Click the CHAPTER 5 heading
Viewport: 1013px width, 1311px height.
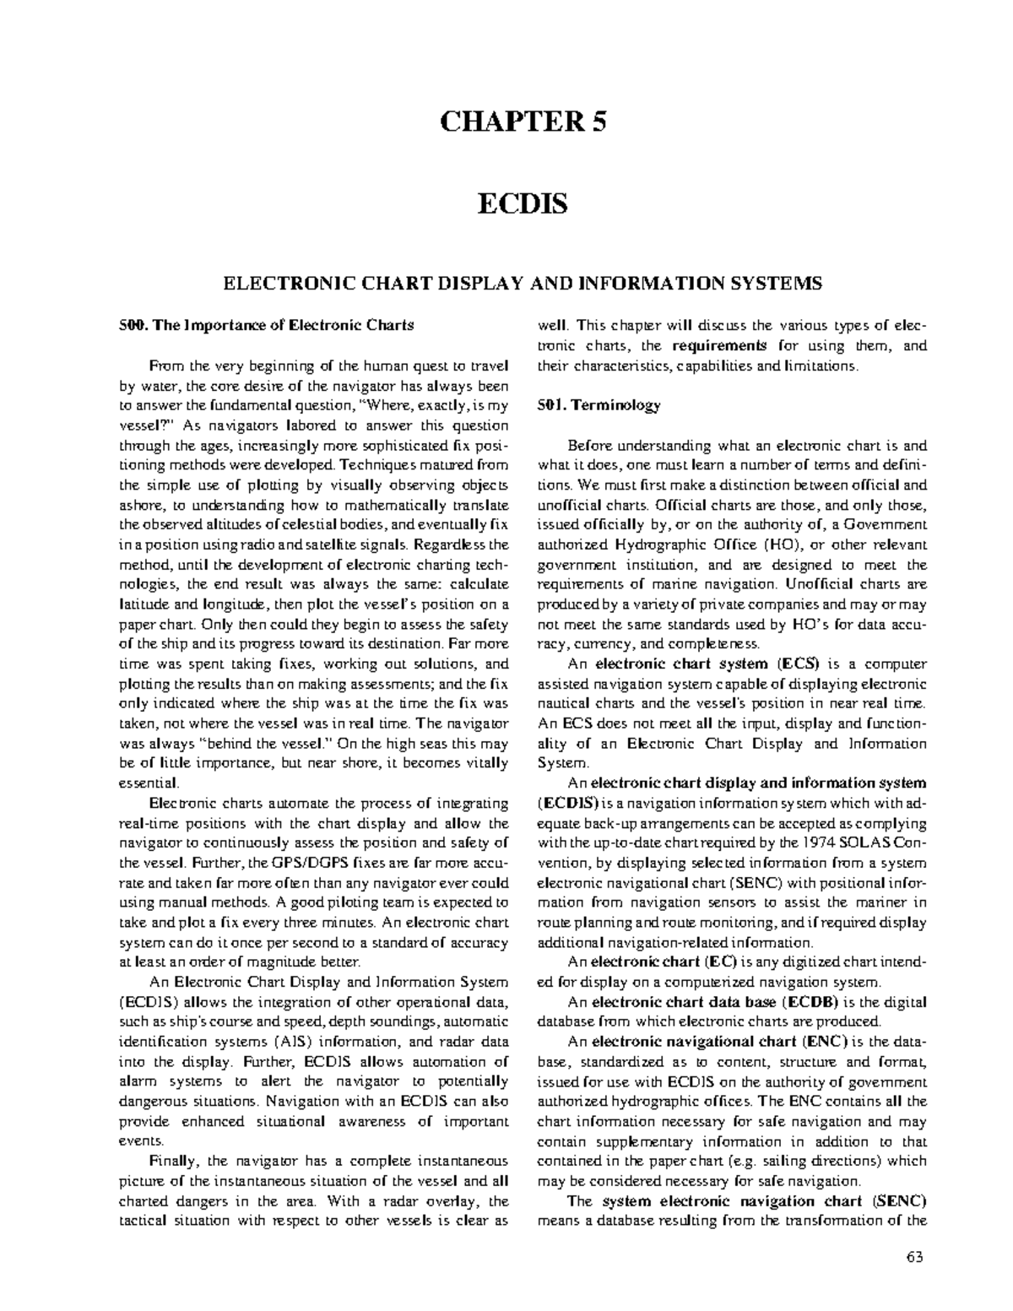[x=523, y=122]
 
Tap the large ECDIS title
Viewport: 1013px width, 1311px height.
[x=523, y=203]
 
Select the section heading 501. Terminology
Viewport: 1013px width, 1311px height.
[x=599, y=405]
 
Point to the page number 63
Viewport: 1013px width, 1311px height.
[x=915, y=1256]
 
